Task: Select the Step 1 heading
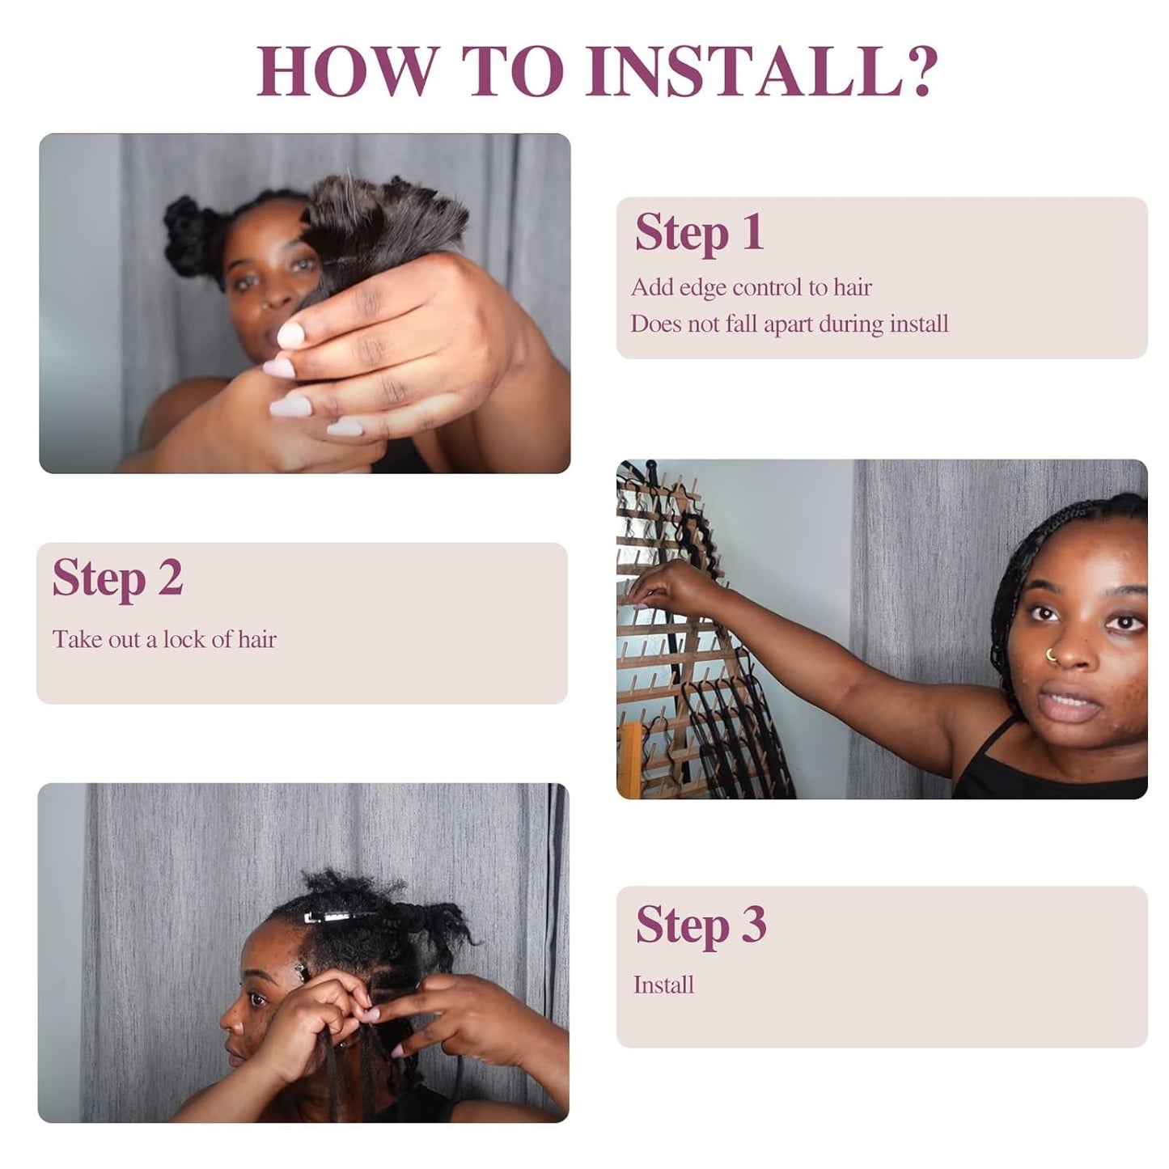pos(699,233)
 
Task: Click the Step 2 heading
pos(118,578)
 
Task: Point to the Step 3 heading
pos(701,925)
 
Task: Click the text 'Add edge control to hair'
pos(751,287)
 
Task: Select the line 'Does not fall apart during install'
pos(789,324)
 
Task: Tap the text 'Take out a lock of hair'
pos(164,640)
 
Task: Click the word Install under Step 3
pos(663,985)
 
